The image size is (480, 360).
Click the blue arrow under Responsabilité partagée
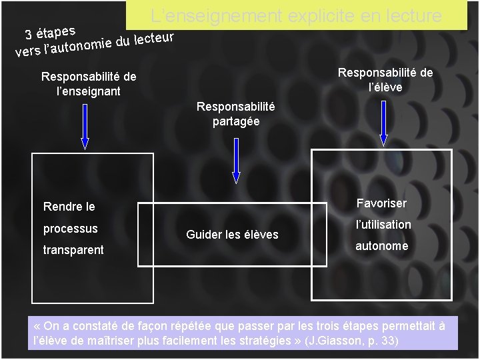(x=236, y=160)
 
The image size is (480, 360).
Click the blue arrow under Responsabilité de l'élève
(x=383, y=120)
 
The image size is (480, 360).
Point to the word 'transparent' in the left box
(x=73, y=250)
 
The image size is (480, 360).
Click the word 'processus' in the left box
(x=71, y=229)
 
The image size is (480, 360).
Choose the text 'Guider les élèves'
(x=232, y=235)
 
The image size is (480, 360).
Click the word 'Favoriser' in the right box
(x=381, y=203)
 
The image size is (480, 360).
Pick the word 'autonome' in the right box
(x=381, y=246)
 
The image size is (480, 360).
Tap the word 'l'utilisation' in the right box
(x=383, y=225)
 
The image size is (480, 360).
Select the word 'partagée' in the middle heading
(x=236, y=121)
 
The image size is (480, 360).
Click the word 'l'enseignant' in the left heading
(x=89, y=91)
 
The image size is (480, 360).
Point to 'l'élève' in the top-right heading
(x=385, y=87)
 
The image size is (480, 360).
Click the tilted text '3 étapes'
(x=49, y=31)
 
